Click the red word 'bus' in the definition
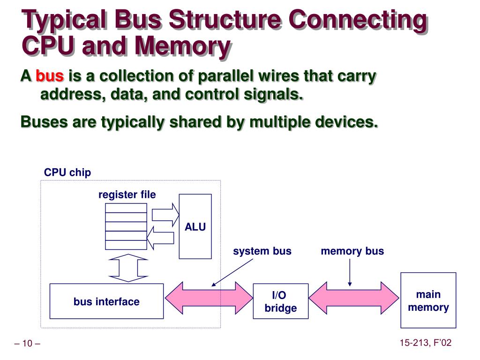pyautogui.click(x=50, y=76)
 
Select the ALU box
pyautogui.click(x=195, y=226)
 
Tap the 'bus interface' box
pyautogui.click(x=106, y=301)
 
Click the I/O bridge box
pyautogui.click(x=280, y=301)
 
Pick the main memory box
pyautogui.click(x=428, y=300)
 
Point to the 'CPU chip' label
pyautogui.click(x=67, y=172)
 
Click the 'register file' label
pyautogui.click(x=127, y=195)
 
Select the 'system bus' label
pyautogui.click(x=262, y=251)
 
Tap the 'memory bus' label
pyautogui.click(x=352, y=251)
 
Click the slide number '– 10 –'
pyautogui.click(x=27, y=344)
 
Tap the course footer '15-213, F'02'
pyautogui.click(x=425, y=343)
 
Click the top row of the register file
pyautogui.click(x=126, y=208)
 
